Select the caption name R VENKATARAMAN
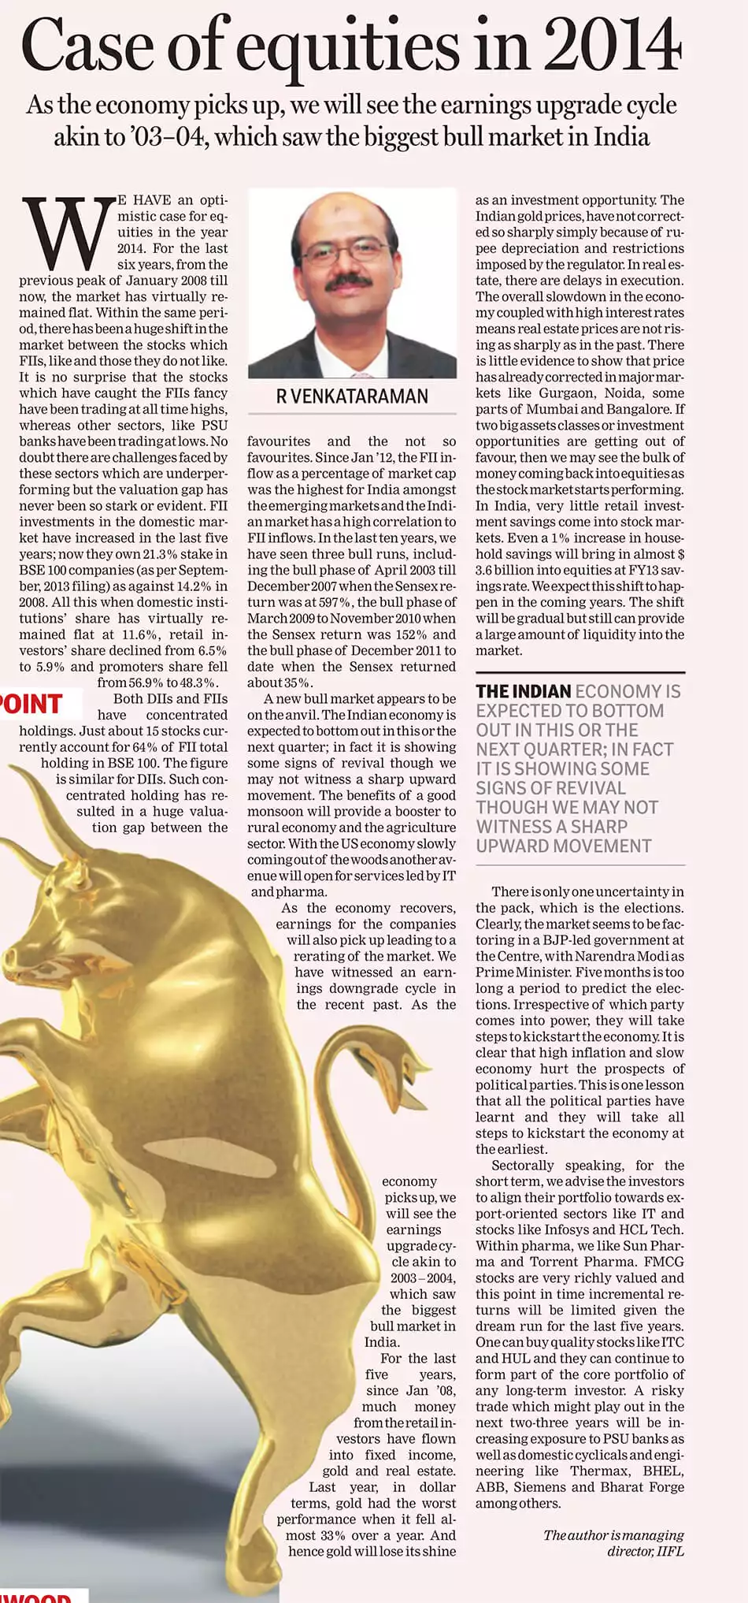point(352,396)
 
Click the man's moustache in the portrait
point(353,281)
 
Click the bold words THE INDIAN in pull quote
point(523,692)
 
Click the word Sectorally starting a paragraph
point(523,1165)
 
